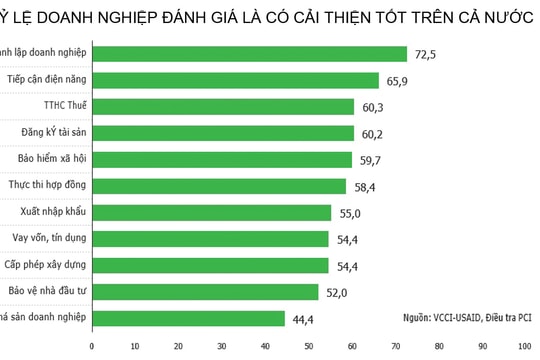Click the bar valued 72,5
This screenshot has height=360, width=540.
pyautogui.click(x=249, y=54)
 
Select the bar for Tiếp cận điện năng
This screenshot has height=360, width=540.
pyautogui.click(x=235, y=80)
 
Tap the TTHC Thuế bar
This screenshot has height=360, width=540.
pyautogui.click(x=223, y=106)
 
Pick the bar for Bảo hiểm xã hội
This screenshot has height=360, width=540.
pyautogui.click(x=222, y=159)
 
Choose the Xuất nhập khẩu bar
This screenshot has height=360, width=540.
pyautogui.click(x=211, y=212)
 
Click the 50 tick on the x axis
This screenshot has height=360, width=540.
pyautogui.click(x=309, y=347)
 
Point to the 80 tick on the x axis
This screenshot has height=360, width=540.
pyautogui.click(x=440, y=347)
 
